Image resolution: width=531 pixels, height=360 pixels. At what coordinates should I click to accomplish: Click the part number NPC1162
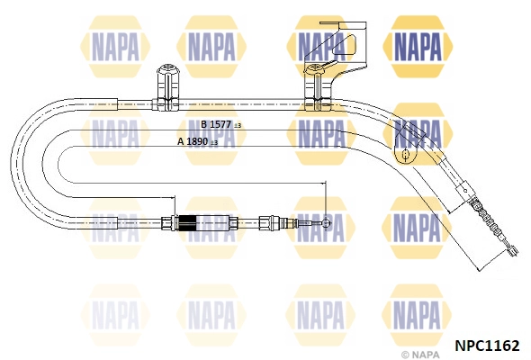click(487, 346)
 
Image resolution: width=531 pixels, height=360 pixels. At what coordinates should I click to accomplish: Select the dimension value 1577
click(220, 124)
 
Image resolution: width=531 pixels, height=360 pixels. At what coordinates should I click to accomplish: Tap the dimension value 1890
click(197, 141)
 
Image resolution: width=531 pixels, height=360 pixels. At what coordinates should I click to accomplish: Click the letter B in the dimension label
click(204, 124)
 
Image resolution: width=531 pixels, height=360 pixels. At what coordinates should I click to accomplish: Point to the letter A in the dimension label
click(181, 141)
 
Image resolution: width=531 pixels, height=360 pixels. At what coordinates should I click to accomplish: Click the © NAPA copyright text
click(420, 355)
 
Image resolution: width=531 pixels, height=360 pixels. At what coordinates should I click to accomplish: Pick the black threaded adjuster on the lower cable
click(187, 223)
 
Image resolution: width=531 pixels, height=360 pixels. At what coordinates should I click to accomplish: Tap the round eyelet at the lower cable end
click(326, 223)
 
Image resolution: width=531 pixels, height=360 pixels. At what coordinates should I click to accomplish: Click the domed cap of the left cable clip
click(168, 69)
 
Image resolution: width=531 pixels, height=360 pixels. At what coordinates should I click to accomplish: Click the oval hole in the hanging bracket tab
click(405, 155)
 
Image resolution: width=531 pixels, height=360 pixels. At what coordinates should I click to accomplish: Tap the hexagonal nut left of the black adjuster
click(167, 223)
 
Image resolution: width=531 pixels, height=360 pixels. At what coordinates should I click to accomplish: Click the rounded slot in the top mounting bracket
click(344, 44)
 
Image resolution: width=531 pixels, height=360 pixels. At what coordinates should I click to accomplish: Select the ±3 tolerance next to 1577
click(238, 126)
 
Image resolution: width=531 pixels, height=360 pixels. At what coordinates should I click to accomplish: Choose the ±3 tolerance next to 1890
click(214, 142)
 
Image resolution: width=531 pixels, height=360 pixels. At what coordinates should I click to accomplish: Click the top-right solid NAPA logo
click(418, 47)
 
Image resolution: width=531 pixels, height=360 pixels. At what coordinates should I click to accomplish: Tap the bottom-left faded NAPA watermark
click(115, 315)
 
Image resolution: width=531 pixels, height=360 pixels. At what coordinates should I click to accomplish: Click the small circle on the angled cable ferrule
click(465, 191)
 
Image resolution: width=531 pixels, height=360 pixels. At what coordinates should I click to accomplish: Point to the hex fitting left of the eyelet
click(265, 223)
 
